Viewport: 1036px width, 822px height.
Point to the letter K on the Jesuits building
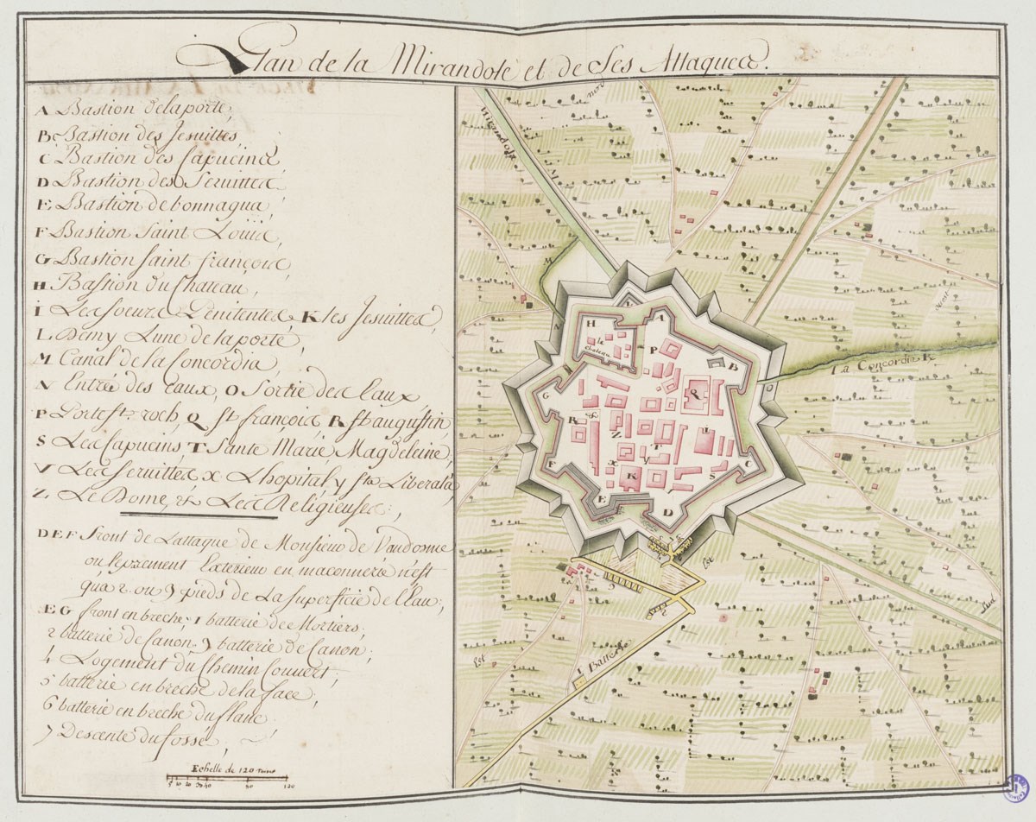pyautogui.click(x=634, y=476)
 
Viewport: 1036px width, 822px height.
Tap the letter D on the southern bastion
pyautogui.click(x=666, y=512)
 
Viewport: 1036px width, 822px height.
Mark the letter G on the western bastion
pyautogui.click(x=547, y=395)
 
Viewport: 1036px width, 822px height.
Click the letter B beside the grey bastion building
pyautogui.click(x=736, y=365)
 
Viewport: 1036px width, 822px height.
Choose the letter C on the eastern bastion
pyautogui.click(x=748, y=463)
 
